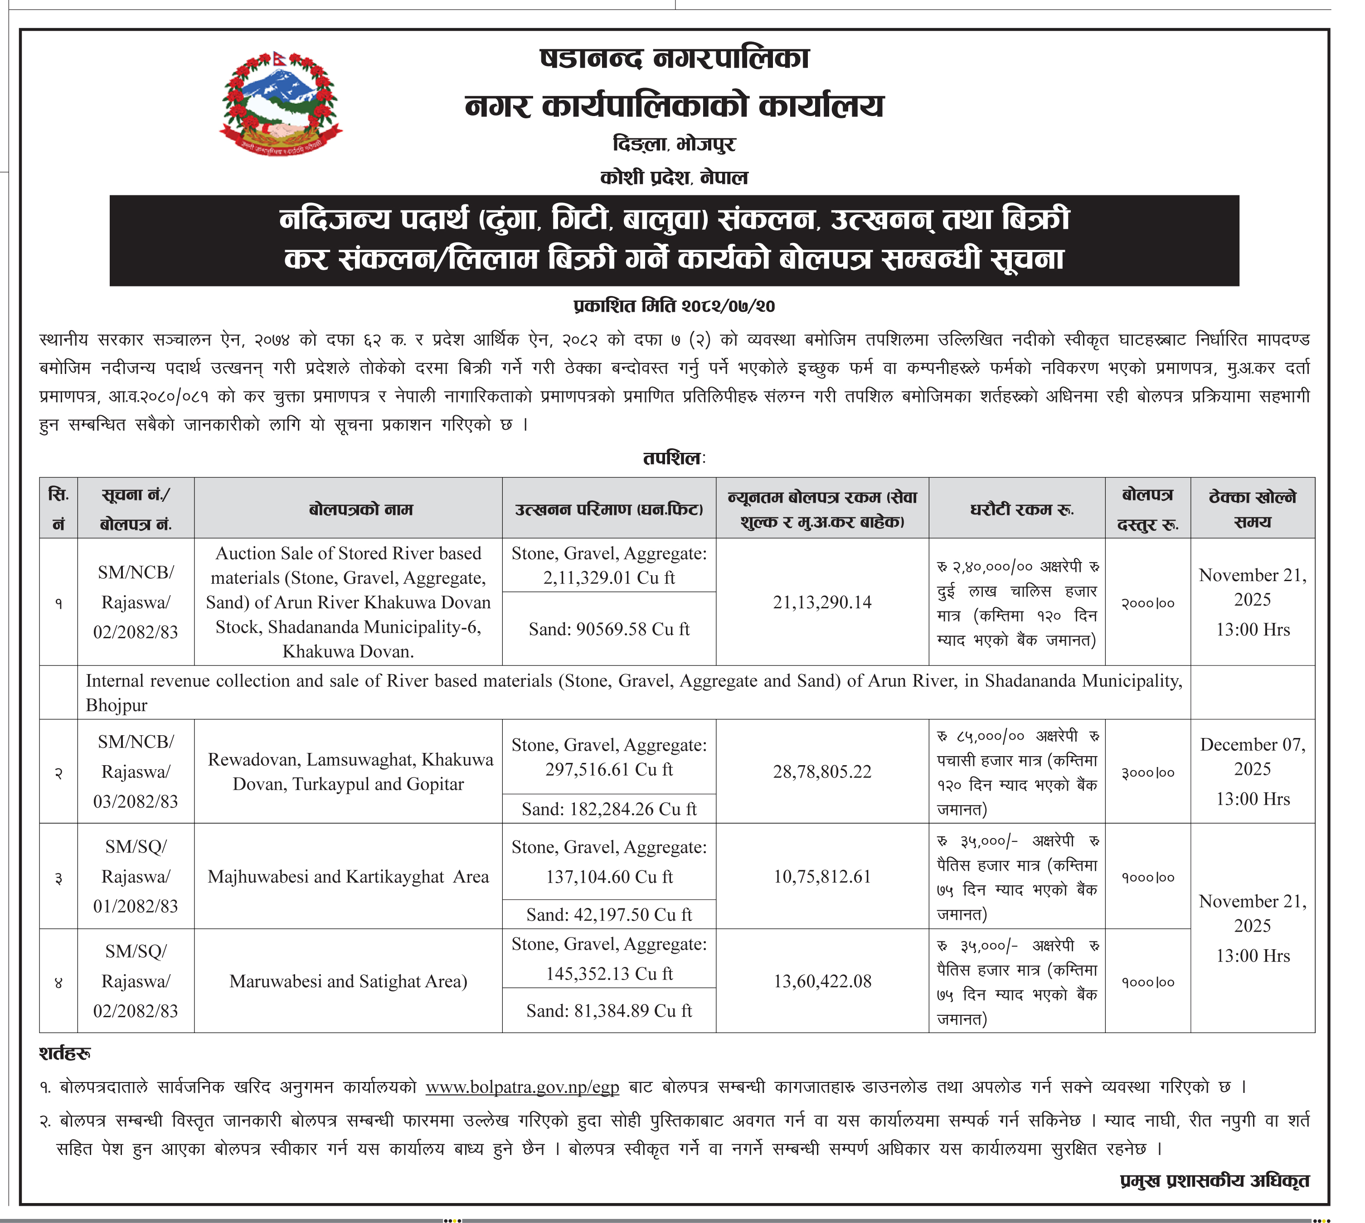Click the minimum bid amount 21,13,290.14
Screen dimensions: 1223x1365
[x=822, y=602]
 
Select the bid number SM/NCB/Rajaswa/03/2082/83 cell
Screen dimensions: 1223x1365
[x=136, y=772]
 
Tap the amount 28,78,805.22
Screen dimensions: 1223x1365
[x=822, y=772]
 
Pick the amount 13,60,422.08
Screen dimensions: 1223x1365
[x=822, y=981]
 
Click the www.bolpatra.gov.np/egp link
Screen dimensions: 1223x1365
[x=522, y=1087]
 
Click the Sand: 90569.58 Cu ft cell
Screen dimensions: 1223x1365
[x=609, y=629]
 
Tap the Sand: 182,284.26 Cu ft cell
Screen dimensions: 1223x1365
[x=609, y=809]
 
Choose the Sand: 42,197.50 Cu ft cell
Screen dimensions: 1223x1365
[x=609, y=915]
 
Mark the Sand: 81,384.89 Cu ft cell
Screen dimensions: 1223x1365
[x=609, y=1011]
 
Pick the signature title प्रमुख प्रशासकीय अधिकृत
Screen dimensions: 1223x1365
[x=1214, y=1181]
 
